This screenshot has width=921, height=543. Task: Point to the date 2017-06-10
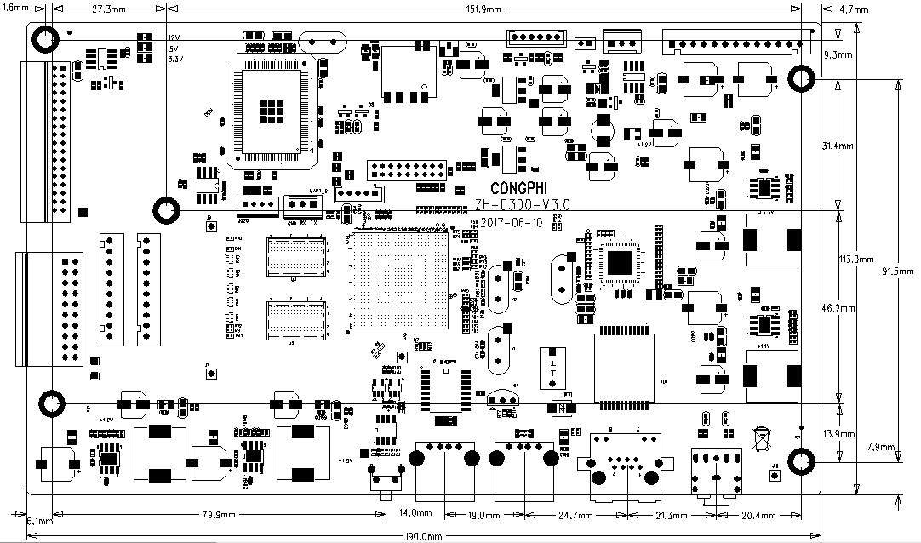click(x=511, y=222)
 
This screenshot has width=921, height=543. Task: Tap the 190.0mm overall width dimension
click(x=423, y=536)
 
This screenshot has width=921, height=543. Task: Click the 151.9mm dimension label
click(x=483, y=9)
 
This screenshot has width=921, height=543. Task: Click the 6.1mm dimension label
click(x=41, y=520)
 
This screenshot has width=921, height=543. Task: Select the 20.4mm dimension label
click(x=758, y=514)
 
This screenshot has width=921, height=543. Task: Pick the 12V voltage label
click(x=174, y=38)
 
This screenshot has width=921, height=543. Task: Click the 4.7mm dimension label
click(x=854, y=10)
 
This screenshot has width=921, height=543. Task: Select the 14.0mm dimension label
click(x=415, y=513)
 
